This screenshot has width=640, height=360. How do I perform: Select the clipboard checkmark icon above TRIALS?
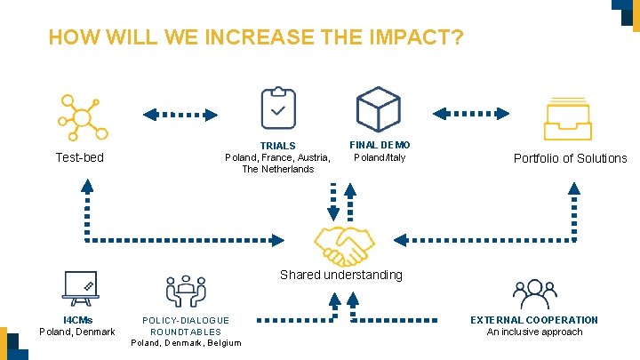[277, 108]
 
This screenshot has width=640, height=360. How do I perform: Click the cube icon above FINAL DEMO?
[378, 109]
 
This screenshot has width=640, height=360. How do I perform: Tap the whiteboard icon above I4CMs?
[81, 287]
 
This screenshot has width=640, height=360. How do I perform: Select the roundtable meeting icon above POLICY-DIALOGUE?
[186, 291]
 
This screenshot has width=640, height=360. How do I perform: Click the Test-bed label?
[79, 158]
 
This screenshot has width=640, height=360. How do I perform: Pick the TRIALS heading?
[277, 146]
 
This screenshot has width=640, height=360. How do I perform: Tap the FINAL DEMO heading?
[380, 144]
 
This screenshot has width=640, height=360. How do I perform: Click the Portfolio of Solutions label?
[570, 159]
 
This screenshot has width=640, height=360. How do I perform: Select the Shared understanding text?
[340, 275]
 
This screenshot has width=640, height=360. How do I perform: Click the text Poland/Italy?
[380, 158]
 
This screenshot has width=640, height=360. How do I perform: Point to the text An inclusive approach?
[534, 332]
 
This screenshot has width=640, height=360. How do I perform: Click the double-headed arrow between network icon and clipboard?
[181, 114]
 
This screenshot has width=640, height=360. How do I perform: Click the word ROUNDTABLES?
[186, 332]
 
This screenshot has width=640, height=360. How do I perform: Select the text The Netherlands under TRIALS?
[277, 169]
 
